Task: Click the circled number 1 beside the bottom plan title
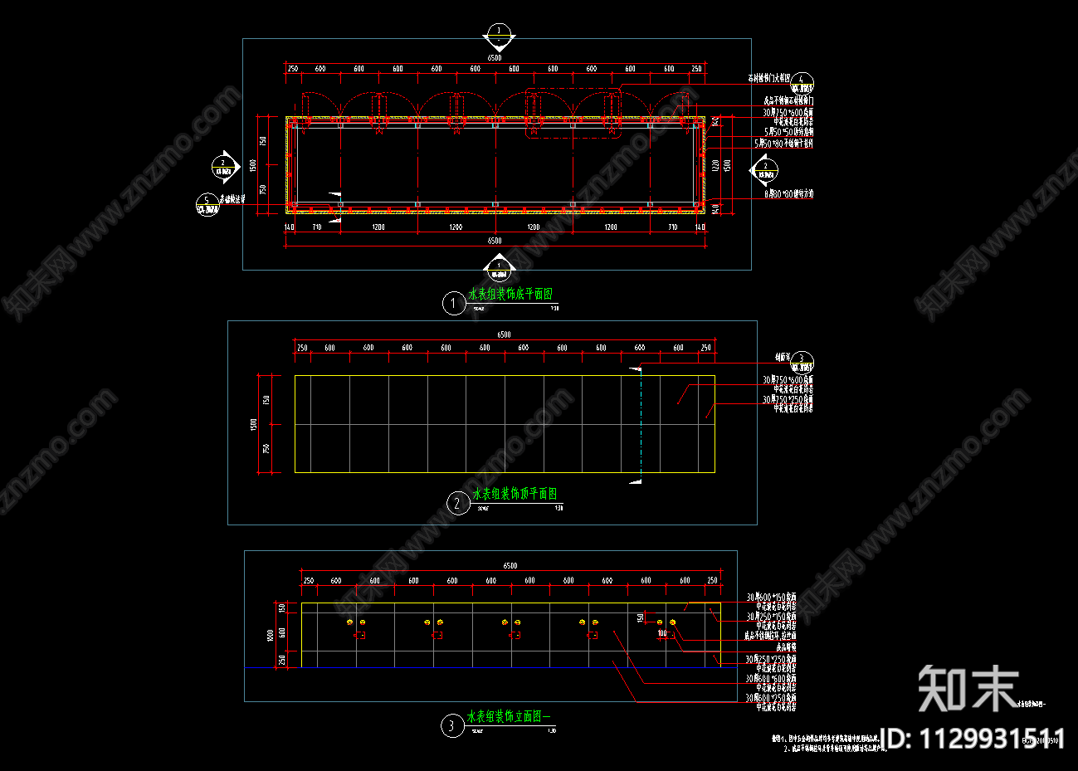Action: tap(453, 304)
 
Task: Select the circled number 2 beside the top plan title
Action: tap(457, 503)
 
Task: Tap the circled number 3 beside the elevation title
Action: tap(451, 727)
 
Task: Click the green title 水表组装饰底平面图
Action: tap(510, 295)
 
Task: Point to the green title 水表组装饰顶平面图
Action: tap(515, 494)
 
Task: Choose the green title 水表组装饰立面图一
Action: tap(509, 716)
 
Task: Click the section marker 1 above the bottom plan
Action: tap(499, 33)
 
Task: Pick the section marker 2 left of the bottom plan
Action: tap(223, 166)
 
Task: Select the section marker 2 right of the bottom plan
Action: tap(765, 169)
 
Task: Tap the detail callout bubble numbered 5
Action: tap(207, 203)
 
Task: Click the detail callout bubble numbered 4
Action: tap(802, 83)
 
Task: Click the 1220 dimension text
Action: tap(715, 166)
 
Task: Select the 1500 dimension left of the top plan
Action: tap(253, 423)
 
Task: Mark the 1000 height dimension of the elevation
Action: tap(271, 635)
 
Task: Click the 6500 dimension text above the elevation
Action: tap(510, 566)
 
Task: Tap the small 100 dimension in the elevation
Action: tap(662, 633)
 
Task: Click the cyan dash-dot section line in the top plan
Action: tap(640, 423)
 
